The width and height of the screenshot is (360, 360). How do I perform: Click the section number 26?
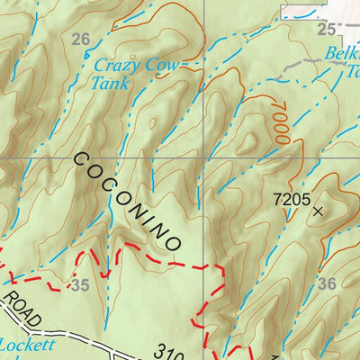(x=81, y=39)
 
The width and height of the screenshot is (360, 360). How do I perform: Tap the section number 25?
(x=325, y=29)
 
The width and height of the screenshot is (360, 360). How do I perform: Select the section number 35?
(x=80, y=285)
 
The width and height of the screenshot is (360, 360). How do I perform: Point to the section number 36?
(x=327, y=283)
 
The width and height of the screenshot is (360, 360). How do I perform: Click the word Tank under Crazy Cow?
(x=110, y=83)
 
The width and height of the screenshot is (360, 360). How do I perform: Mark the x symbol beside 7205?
(x=317, y=211)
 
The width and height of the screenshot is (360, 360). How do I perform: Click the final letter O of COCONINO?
(x=175, y=241)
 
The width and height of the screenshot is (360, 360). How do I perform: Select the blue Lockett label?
(x=27, y=344)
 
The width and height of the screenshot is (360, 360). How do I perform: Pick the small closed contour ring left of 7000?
(x=248, y=142)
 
